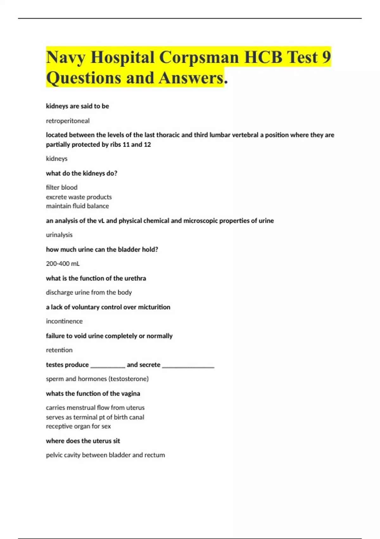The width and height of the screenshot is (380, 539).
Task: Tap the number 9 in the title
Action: coord(326,57)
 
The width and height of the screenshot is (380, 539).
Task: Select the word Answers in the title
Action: coord(191,78)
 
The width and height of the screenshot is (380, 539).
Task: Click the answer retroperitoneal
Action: coord(68,121)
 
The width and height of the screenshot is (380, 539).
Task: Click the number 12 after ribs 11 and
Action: coord(147,145)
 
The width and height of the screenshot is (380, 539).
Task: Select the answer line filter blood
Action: coord(62,187)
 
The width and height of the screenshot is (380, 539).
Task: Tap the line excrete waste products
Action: coord(79,197)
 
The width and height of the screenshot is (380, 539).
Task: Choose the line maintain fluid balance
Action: coord(77,206)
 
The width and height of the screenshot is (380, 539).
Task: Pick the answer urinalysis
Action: coord(59,235)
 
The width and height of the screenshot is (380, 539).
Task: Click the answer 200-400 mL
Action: coord(63,263)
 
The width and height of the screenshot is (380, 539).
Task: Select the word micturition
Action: coord(154,307)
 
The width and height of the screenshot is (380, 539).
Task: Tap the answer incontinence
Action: coord(64,321)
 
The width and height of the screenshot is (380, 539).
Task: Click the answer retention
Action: coord(59,350)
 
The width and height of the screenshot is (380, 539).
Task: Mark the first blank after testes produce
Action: coord(108,365)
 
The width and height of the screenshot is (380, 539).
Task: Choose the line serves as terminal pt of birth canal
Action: coord(95,417)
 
